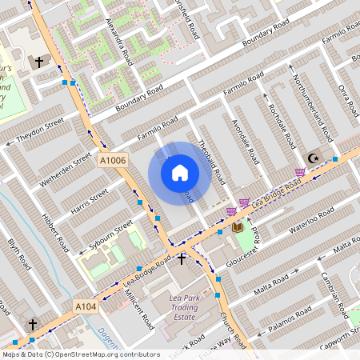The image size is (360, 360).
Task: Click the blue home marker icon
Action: coord(180,172)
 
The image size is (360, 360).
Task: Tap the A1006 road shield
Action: coord(113,161)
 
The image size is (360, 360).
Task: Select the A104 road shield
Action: coord(86,306)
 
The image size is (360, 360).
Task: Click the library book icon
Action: coord(238,227)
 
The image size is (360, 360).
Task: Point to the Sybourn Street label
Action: coord(110,235)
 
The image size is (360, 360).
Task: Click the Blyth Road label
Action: coord(18,255)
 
